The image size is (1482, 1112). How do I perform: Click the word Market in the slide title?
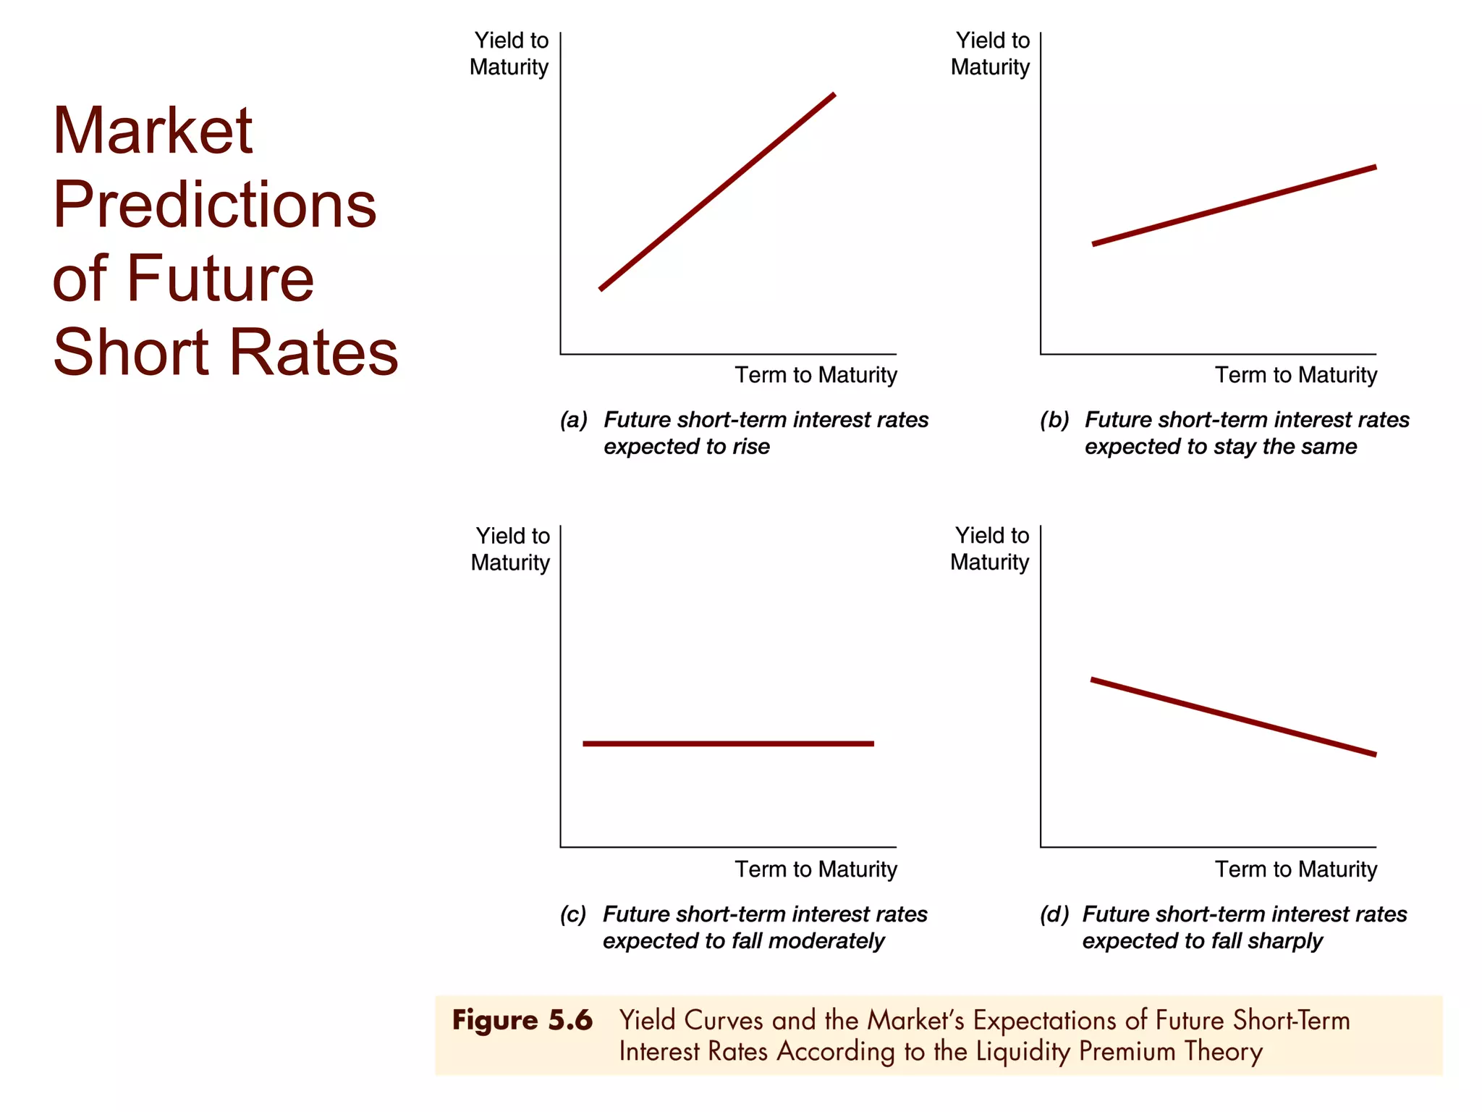[x=153, y=131]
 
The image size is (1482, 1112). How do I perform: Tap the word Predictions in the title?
[x=214, y=205]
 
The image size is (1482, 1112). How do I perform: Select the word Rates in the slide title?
[x=314, y=353]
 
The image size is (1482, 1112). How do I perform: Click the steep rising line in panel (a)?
[x=717, y=192]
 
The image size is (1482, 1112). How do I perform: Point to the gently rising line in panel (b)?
[x=1234, y=206]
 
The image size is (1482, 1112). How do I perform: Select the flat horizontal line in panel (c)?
[x=728, y=744]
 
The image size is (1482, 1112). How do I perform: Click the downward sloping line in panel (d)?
[x=1233, y=717]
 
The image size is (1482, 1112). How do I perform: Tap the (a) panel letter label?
[x=574, y=420]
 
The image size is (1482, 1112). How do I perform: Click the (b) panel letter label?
[x=1054, y=420]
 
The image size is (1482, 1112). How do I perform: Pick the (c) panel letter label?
[x=573, y=914]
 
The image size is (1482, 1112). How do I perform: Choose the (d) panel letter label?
[x=1054, y=914]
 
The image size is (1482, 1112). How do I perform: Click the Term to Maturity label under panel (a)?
[x=816, y=375]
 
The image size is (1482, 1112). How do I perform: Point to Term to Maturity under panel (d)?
[x=1295, y=869]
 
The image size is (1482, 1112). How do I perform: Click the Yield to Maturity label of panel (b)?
[x=990, y=54]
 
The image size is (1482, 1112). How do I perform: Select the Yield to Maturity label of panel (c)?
[x=510, y=549]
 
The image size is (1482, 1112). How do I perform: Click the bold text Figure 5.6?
[x=522, y=1021]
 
